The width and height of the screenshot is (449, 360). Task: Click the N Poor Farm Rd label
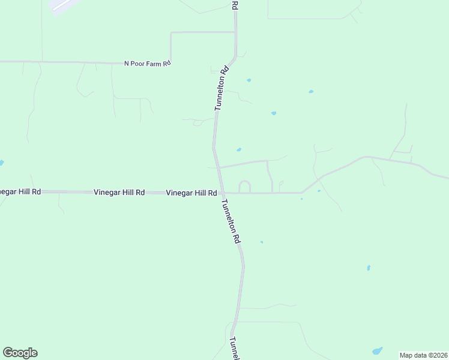pos(148,63)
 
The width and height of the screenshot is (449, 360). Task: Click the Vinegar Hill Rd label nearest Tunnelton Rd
pos(191,193)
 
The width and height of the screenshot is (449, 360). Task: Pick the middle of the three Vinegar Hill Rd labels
pos(119,193)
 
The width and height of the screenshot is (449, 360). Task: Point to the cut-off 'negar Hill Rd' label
pos(20,192)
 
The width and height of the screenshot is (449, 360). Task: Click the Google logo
pos(20,353)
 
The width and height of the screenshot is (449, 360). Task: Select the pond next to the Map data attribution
pos(377,350)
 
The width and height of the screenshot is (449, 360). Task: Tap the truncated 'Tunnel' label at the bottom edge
pos(235,348)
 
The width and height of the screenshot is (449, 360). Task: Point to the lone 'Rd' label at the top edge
pos(235,4)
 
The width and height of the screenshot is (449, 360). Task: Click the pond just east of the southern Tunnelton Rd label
pos(262,242)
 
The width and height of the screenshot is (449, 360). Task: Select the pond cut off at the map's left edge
pos(1,163)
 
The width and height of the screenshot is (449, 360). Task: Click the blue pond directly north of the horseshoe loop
pos(239,150)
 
